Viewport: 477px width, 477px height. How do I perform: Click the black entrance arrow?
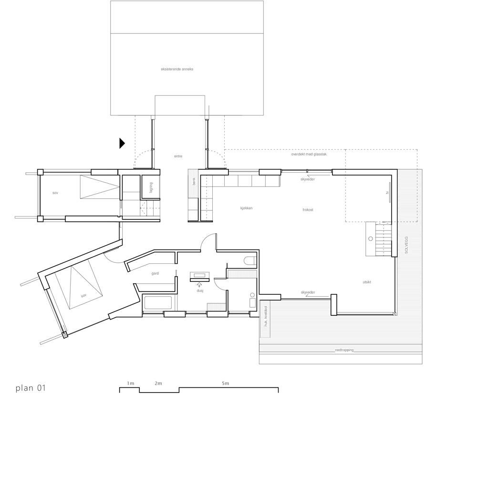(x=122, y=143)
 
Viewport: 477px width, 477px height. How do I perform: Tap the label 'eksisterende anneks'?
(x=177, y=69)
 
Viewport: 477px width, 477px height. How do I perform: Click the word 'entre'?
(x=178, y=156)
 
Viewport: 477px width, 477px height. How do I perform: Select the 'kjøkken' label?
(x=246, y=208)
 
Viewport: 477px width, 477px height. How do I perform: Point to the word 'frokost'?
(x=308, y=210)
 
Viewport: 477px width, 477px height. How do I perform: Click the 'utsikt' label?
(x=367, y=282)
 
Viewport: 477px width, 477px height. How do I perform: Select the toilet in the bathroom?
(x=249, y=260)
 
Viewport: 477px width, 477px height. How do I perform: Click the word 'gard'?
(x=155, y=274)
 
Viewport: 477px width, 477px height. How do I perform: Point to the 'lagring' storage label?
(x=151, y=187)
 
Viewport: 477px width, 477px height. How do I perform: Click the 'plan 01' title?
(x=31, y=388)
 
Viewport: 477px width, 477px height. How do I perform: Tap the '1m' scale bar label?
(x=131, y=384)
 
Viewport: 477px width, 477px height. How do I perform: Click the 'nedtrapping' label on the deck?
(x=344, y=350)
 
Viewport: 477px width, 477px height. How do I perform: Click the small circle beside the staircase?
(x=370, y=238)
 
